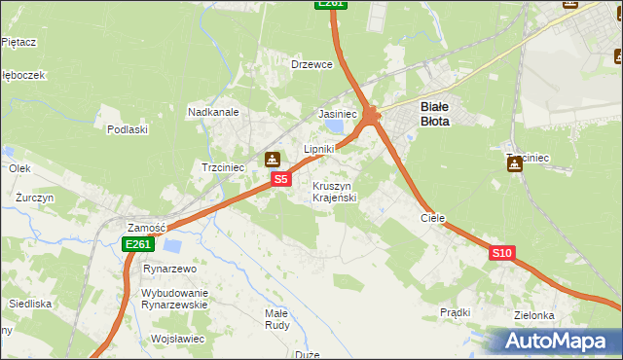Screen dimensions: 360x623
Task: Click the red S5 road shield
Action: point(280,179)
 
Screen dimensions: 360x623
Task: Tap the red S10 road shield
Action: point(501,253)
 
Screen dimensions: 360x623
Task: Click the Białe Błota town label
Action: point(434,114)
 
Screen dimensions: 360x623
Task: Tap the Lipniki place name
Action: point(319,149)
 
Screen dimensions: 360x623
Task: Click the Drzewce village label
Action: point(312,64)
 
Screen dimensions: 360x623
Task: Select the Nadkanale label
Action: point(214,112)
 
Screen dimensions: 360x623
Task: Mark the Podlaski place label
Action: point(128,129)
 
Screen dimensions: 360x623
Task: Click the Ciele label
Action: point(432,218)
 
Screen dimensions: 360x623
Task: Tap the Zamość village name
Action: point(146,226)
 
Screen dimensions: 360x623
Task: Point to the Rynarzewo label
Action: point(170,268)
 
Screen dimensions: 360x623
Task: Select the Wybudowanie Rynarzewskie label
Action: point(175,299)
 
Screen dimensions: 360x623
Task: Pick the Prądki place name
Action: point(455,312)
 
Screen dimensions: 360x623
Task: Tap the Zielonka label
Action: point(534,315)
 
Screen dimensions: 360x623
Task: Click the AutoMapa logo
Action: point(555,341)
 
